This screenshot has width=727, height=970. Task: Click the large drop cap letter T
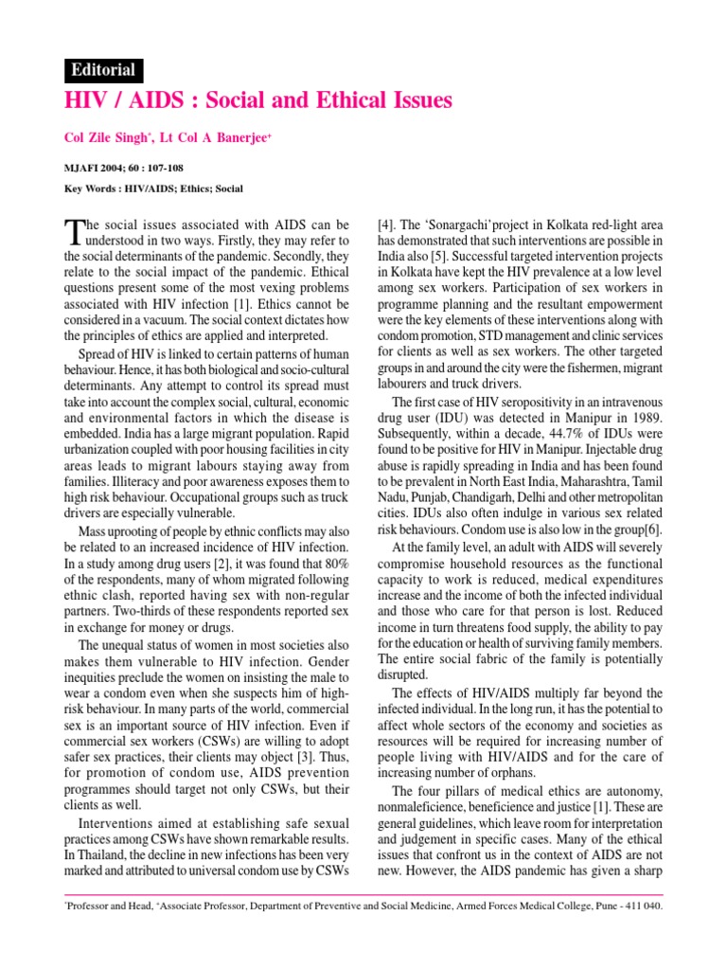(72, 232)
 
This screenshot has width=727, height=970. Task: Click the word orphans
(511, 772)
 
